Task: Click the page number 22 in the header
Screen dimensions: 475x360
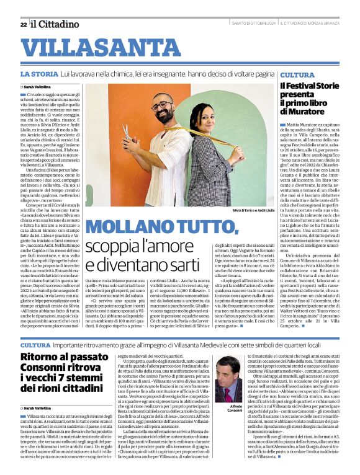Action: click(x=23, y=24)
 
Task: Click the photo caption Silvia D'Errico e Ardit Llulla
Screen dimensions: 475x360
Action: click(x=251, y=211)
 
